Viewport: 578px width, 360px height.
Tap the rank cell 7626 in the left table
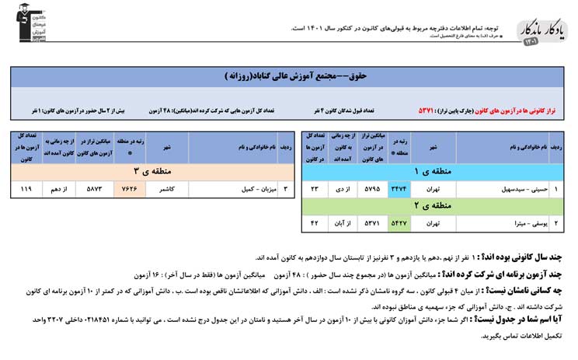(129, 188)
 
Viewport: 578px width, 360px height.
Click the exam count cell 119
(26, 188)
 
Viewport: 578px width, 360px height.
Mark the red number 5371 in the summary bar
(430, 111)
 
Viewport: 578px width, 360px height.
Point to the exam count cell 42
(315, 224)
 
